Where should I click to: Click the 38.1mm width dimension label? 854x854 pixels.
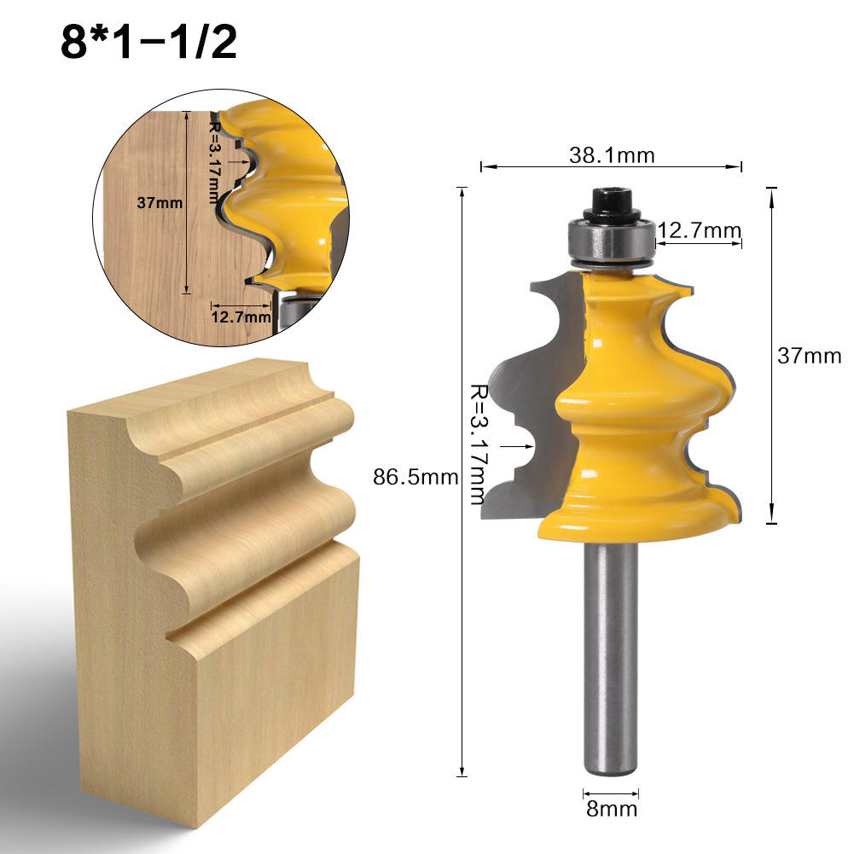612,154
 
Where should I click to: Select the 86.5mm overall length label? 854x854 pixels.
415,477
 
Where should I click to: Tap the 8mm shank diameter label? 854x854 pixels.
610,808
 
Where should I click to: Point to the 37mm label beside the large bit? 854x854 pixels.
808,356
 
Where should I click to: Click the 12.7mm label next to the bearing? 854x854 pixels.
699,229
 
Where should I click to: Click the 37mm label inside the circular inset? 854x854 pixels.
160,203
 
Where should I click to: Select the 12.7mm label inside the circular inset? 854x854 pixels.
241,317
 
